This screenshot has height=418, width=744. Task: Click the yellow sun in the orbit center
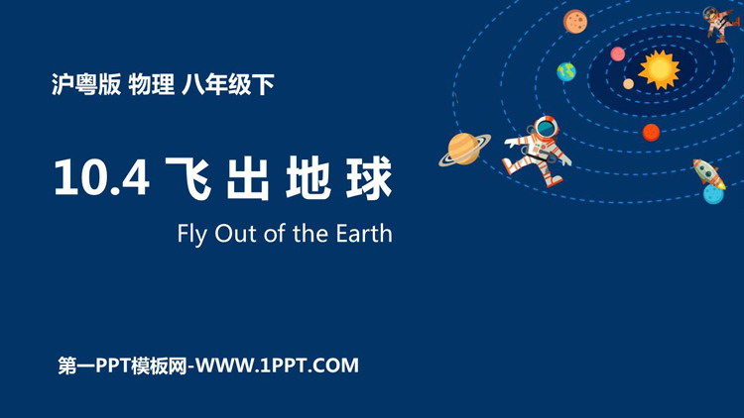(x=659, y=69)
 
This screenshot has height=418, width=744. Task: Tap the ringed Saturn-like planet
(x=464, y=149)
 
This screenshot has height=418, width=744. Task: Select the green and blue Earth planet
(x=566, y=72)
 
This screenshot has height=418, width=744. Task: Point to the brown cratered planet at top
(x=575, y=22)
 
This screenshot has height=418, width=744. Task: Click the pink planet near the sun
(x=617, y=54)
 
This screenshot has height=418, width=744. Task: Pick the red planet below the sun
(x=651, y=133)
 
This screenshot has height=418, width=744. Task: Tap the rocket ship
(x=708, y=173)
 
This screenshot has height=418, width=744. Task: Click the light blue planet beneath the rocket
(x=713, y=194)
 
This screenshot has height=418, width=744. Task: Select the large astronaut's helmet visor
(x=547, y=127)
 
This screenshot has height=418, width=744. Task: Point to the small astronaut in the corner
(x=721, y=23)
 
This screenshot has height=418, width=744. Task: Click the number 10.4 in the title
(x=101, y=177)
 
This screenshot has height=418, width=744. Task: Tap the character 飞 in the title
(x=188, y=178)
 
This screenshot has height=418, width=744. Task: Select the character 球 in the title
(x=369, y=178)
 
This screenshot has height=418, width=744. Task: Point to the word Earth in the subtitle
(x=364, y=233)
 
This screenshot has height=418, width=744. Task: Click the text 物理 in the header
(x=152, y=85)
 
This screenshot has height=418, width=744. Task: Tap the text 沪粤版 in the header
(x=86, y=85)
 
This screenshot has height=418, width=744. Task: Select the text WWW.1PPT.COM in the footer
(x=277, y=366)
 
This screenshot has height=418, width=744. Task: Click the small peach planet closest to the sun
(x=628, y=84)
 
